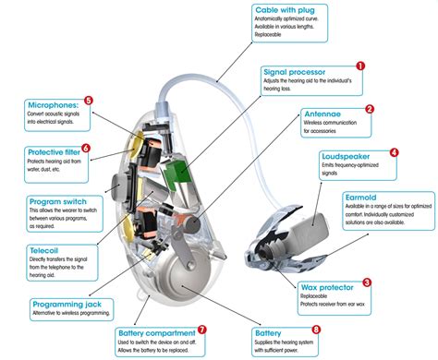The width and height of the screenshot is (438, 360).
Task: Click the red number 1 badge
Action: pos(359,66)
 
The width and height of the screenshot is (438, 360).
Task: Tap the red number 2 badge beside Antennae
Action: pos(369,109)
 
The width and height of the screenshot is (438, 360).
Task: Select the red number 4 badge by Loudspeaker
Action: pos(394,152)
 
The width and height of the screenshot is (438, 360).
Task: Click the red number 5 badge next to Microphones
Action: pos(88,101)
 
